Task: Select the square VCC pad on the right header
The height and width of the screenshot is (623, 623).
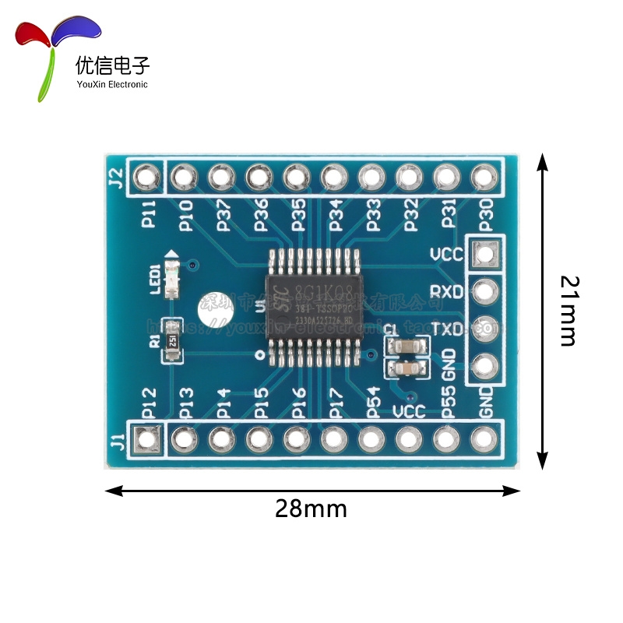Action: [485, 254]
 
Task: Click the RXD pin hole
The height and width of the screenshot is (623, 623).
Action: [485, 291]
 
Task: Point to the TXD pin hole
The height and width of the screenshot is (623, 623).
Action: [485, 328]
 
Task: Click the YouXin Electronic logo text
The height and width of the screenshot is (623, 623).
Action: [111, 84]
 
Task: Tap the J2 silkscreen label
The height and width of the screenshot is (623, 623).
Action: [115, 178]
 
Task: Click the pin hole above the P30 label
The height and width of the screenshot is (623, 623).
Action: [484, 178]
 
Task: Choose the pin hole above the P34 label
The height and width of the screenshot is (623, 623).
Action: [333, 178]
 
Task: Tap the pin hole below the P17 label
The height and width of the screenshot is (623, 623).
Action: [333, 439]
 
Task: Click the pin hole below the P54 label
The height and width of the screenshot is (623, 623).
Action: [371, 439]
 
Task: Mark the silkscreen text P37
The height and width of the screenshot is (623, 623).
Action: [224, 215]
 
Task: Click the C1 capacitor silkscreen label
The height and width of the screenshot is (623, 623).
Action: [390, 330]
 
